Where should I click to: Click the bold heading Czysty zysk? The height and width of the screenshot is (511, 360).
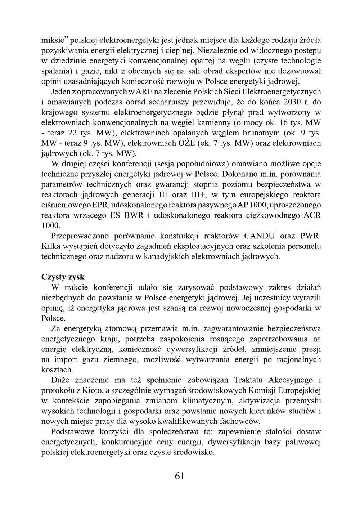click(63, 277)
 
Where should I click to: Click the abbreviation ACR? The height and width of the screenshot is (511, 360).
click(312, 216)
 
